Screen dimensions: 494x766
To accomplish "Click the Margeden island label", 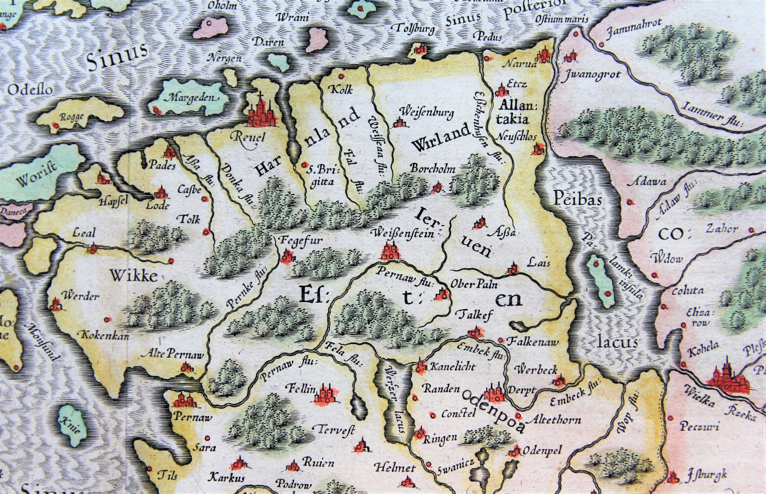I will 192,98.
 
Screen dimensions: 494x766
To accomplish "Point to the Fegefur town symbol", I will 287,257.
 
